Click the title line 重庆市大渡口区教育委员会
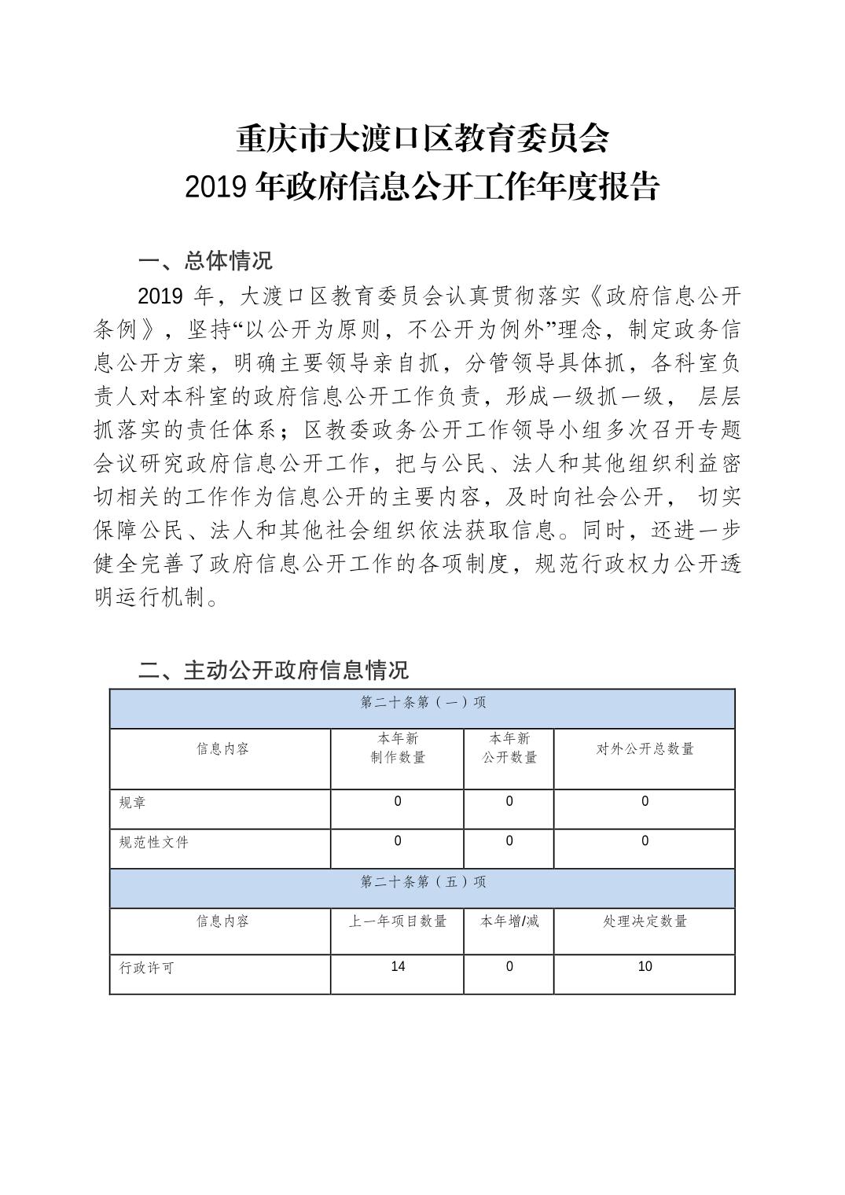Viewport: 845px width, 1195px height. pos(422,140)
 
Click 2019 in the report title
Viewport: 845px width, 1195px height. pos(217,187)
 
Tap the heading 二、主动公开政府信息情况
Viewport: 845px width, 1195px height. pos(273,670)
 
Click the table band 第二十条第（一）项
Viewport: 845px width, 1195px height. pos(422,702)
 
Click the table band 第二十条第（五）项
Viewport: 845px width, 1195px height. pos(422,882)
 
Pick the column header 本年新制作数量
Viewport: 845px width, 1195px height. pos(398,748)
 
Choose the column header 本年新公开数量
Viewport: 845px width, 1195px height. pos(509,748)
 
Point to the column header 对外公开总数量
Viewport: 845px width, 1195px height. pos(645,749)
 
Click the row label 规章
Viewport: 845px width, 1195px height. pos(132,803)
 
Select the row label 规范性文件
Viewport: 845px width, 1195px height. pos(153,842)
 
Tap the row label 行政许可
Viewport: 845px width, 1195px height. pos(146,968)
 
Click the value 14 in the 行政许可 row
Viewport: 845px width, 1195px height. pos(398,966)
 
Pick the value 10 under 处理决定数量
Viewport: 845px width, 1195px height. pos(645,966)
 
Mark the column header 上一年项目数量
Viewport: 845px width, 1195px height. pos(398,921)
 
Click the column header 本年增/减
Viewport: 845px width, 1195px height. pos(509,921)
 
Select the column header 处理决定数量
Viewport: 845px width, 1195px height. pos(645,921)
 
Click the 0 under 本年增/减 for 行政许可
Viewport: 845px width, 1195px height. pos(509,966)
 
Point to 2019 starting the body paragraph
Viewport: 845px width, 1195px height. pos(160,296)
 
